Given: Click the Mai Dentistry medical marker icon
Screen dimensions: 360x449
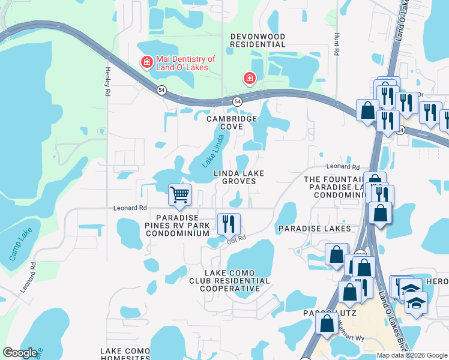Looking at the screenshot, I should (x=146, y=62).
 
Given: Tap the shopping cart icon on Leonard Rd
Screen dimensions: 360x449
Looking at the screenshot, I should (x=179, y=194).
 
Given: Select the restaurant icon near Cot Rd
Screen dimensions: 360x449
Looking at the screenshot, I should (x=229, y=224).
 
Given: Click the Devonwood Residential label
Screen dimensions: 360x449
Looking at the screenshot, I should (x=258, y=40).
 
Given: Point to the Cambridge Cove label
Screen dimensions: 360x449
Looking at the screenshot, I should (x=232, y=122).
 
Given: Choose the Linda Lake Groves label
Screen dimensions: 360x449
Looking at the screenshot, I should (x=238, y=177).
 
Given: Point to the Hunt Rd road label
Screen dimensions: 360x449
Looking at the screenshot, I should (x=337, y=45).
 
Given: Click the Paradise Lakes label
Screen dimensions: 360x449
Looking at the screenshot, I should (x=315, y=229).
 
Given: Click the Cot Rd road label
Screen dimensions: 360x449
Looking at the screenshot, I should (x=237, y=239).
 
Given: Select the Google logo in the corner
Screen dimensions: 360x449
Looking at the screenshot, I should (x=20, y=353).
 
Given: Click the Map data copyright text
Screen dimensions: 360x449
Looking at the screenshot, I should (x=412, y=355).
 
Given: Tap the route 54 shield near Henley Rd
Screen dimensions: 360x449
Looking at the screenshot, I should (x=161, y=90).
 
